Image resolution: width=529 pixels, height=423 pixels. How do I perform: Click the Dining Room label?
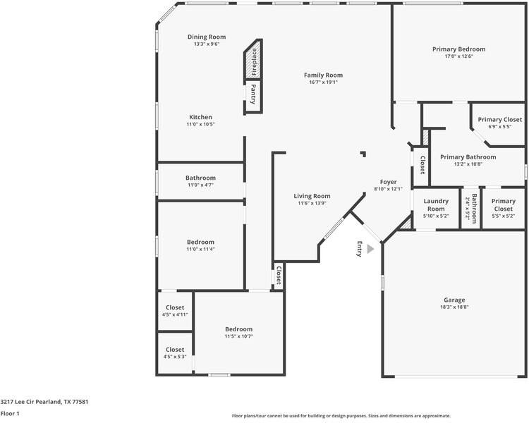207,37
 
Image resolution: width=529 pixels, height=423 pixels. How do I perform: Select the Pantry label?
253,93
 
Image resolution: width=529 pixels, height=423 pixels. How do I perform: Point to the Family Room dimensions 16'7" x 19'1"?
323,82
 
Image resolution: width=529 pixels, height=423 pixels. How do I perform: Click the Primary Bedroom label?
458,49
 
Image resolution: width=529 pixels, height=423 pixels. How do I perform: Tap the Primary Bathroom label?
468,157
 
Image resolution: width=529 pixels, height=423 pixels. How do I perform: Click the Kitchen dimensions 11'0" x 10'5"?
200,124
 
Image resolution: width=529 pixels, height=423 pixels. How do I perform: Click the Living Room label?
312,196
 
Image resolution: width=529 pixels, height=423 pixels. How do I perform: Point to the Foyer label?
389,182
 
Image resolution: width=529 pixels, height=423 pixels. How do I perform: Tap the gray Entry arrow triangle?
370,248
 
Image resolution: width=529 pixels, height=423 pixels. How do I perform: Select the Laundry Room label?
436,204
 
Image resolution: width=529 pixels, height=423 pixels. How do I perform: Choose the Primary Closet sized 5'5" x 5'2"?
503,205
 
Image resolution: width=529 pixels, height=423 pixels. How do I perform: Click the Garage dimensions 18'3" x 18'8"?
454,307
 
